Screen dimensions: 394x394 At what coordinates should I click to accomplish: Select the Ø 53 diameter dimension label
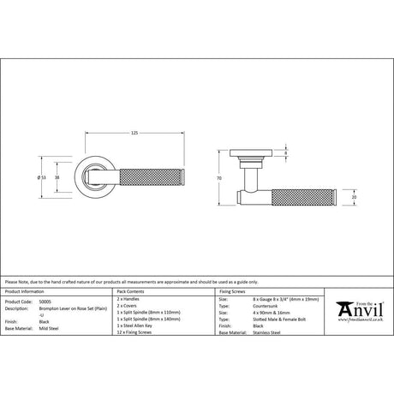41,177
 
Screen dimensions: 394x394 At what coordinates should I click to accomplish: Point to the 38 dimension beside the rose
57,177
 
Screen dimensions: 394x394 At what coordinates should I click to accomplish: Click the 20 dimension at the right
355,197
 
